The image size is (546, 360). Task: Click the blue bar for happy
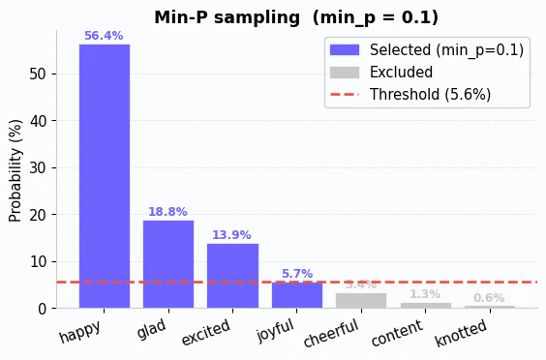(104, 176)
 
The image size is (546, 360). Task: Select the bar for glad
(168, 264)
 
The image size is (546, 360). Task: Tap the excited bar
(232, 276)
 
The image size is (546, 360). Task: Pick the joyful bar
(296, 295)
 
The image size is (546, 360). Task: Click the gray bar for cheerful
(360, 300)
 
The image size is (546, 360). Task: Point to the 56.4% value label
(104, 36)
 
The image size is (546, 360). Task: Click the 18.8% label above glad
(167, 212)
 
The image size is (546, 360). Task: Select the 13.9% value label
(231, 235)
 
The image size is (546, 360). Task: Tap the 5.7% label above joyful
(296, 274)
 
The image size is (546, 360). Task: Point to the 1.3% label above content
(424, 294)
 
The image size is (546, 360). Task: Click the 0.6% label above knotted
(489, 298)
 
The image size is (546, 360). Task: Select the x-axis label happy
(80, 331)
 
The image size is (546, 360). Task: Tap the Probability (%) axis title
(15, 170)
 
